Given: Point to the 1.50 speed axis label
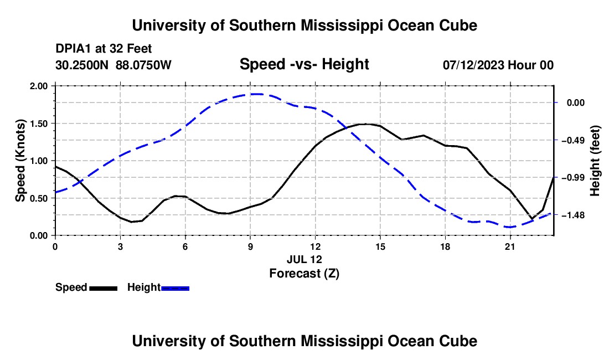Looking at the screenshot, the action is [38, 124].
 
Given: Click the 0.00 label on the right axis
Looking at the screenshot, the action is [576, 103].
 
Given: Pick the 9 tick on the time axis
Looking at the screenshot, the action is [250, 246].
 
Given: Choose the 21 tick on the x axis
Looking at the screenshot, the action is [510, 246].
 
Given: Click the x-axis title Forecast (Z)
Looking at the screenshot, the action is [304, 274].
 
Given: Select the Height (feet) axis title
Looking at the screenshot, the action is [595, 161].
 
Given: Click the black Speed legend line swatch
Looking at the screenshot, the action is [104, 289].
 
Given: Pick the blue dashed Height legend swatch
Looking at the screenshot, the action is [175, 289].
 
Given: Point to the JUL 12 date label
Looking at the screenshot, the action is [304, 259].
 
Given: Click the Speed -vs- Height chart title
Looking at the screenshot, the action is [304, 64].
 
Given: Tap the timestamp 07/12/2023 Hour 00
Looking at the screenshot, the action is [498, 65].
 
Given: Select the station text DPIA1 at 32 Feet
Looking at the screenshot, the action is [104, 49].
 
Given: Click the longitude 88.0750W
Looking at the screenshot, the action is [143, 65].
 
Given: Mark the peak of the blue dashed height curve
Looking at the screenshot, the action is [256, 94].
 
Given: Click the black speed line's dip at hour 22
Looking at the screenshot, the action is [531, 219].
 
